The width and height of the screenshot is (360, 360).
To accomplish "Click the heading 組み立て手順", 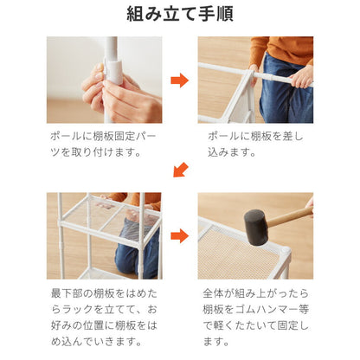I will pyautogui.click(x=180, y=15).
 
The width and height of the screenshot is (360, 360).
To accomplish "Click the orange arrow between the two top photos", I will pyautogui.click(x=179, y=80).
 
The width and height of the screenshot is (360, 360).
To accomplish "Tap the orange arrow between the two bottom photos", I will pyautogui.click(x=179, y=235).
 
